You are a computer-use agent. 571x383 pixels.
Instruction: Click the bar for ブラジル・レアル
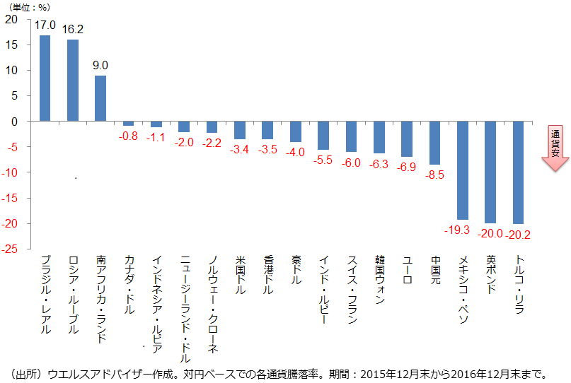[45, 78]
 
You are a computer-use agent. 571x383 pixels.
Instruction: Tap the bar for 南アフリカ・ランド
[100, 98]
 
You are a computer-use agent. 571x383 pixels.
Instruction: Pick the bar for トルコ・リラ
[518, 172]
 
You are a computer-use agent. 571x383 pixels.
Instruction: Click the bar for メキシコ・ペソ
[462, 170]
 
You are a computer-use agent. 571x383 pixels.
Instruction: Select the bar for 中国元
[434, 143]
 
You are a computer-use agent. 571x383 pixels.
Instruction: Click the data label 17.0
[45, 25]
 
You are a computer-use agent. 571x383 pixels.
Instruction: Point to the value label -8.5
[434, 175]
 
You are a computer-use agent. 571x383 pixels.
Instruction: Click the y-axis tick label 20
[12, 19]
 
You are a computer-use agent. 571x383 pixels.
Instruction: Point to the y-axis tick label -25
[11, 249]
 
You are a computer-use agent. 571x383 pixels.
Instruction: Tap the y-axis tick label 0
[15, 122]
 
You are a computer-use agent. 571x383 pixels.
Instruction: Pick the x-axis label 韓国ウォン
[379, 280]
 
